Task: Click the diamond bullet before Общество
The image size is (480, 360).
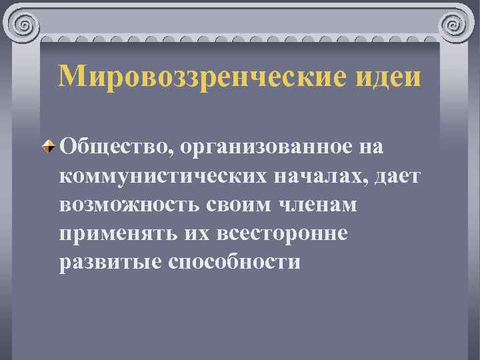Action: coord(49,146)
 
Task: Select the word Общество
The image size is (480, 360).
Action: coord(115,146)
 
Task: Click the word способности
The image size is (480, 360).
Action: coord(234,261)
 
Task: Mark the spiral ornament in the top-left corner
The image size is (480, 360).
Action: coord(25,25)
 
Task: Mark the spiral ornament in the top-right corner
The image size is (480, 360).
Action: coord(455,25)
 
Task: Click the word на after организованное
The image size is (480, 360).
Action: coord(372,146)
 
